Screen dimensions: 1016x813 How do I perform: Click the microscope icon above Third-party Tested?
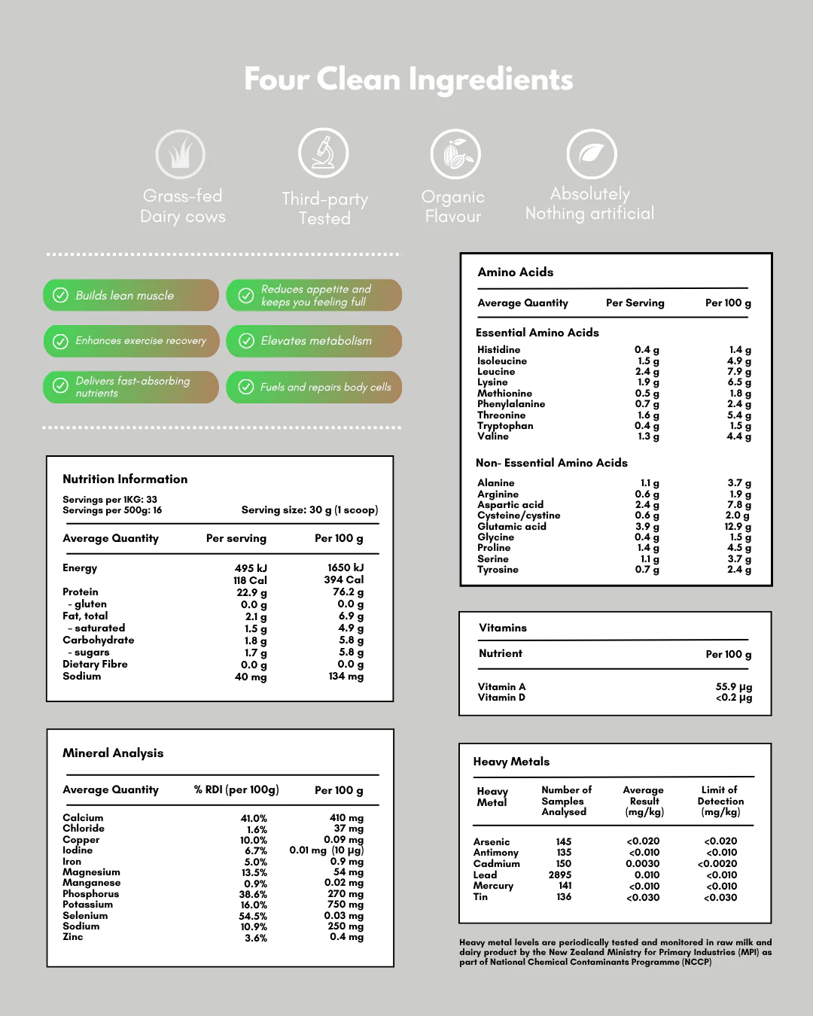324,153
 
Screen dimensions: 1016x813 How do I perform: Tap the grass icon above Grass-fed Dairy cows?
181,154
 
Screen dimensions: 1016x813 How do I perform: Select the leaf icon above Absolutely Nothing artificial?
592,154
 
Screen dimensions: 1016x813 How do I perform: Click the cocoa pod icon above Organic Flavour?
455,154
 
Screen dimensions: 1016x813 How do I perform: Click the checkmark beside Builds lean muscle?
60,296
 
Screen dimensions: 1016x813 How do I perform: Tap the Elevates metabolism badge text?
316,341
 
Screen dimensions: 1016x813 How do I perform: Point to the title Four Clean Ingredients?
408,79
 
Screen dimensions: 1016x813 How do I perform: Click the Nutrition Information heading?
125,479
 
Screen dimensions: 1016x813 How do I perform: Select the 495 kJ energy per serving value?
251,568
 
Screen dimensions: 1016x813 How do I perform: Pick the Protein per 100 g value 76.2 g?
348,592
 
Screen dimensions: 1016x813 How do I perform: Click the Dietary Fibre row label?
95,665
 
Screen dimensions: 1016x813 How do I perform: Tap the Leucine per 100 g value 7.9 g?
738,372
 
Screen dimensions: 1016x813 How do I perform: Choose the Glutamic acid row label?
512,527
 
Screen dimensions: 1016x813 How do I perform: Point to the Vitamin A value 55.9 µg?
733,687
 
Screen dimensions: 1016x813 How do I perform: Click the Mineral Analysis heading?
113,753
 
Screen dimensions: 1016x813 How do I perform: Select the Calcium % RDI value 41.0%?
254,818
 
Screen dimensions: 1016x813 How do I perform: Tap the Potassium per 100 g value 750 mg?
346,905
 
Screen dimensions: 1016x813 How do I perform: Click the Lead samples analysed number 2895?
560,875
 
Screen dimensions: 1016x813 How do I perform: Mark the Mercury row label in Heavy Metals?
493,886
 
